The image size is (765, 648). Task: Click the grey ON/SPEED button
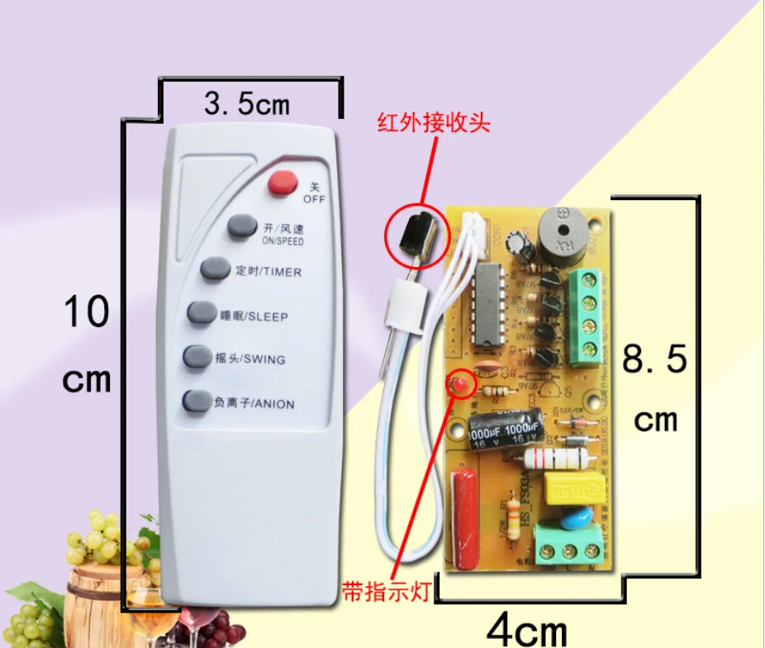pyautogui.click(x=242, y=225)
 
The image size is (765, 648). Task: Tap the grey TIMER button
pyautogui.click(x=215, y=269)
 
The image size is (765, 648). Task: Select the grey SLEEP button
pyautogui.click(x=202, y=312)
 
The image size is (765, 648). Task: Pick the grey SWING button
pyautogui.click(x=197, y=356)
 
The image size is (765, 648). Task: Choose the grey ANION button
pyautogui.click(x=196, y=401)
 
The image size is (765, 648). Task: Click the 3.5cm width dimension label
pyautogui.click(x=246, y=104)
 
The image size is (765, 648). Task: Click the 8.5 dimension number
pyautogui.click(x=654, y=360)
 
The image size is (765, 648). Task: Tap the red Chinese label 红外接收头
pyautogui.click(x=434, y=123)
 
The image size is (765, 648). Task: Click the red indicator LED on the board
pyautogui.click(x=459, y=384)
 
